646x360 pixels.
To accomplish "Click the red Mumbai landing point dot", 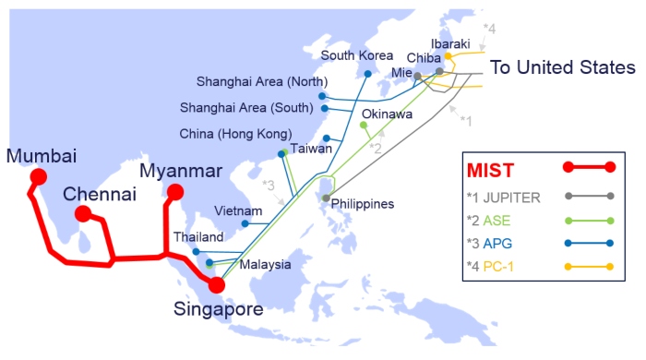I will (x=38, y=176).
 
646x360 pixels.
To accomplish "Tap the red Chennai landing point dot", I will (x=82, y=214).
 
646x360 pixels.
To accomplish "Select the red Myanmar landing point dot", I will (x=173, y=192).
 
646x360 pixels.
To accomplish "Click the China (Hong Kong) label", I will (x=235, y=133).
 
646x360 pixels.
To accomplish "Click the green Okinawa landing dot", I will (x=363, y=125).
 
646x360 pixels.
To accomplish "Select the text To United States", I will (x=562, y=67).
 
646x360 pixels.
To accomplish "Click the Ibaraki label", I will (x=450, y=43).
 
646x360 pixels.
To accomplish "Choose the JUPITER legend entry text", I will (x=517, y=197).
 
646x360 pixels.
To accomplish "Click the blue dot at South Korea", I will (x=367, y=73).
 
